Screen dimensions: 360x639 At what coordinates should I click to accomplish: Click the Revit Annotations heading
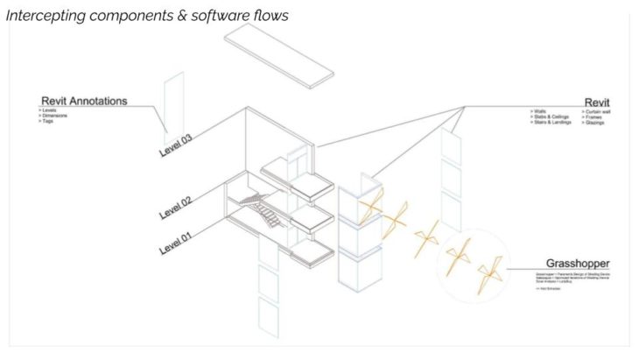pyautogui.click(x=83, y=101)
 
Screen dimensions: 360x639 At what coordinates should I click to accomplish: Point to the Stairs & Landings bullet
pyautogui.click(x=551, y=123)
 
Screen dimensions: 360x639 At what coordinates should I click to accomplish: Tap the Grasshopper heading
pyautogui.click(x=578, y=263)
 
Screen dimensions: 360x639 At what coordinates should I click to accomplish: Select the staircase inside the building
pyautogui.click(x=258, y=210)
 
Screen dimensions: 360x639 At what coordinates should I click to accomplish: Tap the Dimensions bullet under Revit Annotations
pyautogui.click(x=54, y=115)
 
